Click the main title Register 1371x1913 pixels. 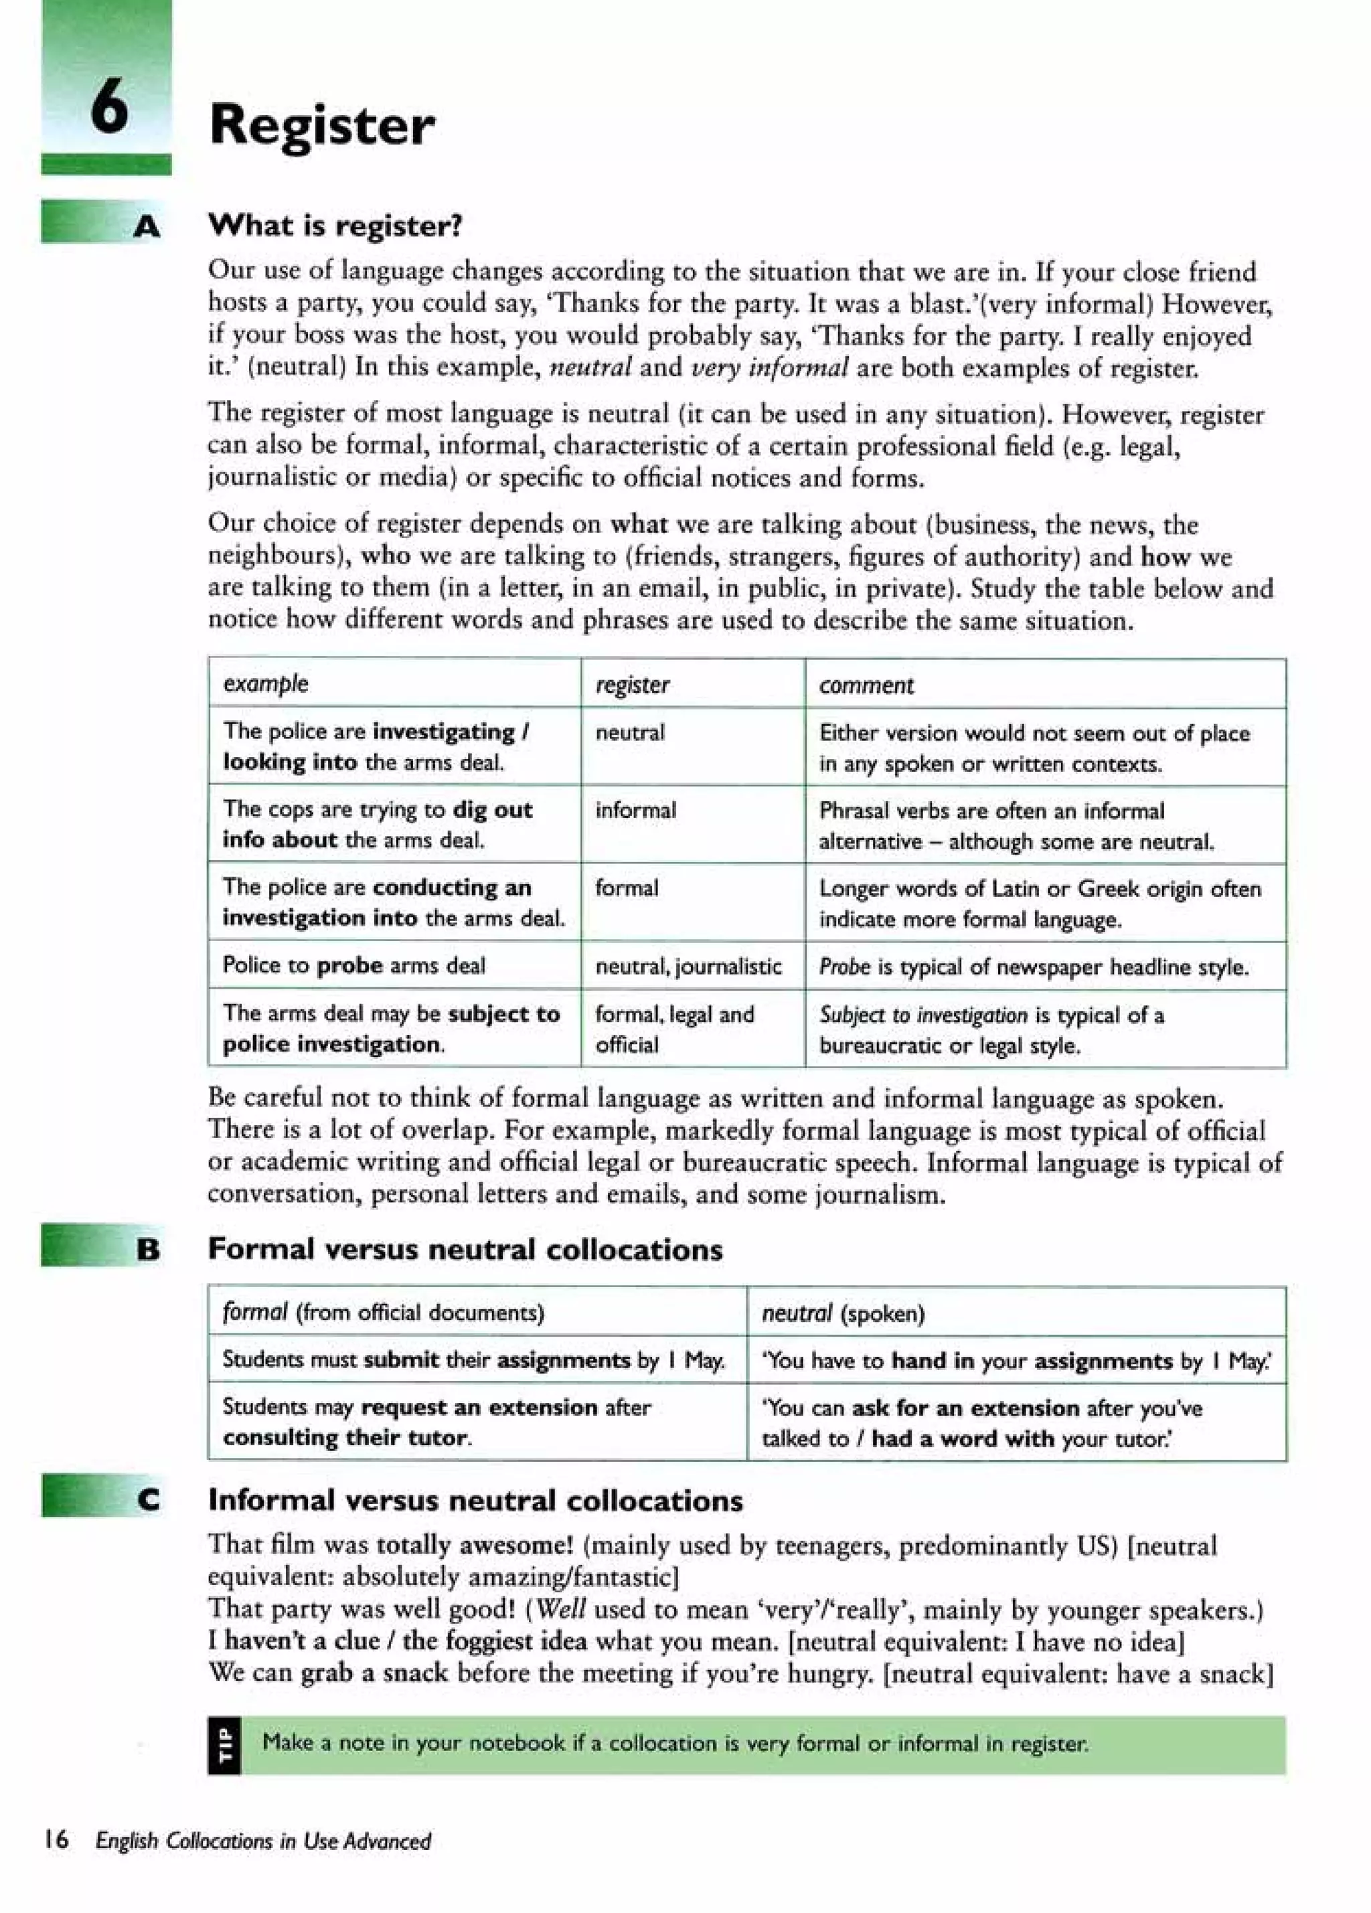point(321,126)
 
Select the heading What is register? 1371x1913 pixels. point(335,226)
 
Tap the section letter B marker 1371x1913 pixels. point(148,1249)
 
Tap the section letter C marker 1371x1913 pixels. point(149,1500)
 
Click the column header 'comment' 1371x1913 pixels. point(866,685)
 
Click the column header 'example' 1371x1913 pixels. point(265,683)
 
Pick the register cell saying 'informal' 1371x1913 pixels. point(635,811)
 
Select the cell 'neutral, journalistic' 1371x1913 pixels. point(688,966)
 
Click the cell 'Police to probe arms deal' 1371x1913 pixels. point(353,965)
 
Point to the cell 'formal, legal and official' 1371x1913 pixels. point(674,1029)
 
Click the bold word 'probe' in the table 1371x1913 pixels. point(349,965)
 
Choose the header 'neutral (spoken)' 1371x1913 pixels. point(843,1313)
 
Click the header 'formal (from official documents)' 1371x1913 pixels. point(383,1313)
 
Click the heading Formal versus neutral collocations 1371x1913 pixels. point(465,1249)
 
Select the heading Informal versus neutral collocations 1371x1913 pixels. point(475,1501)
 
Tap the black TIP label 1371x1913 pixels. point(224,1745)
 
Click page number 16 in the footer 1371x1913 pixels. point(56,1839)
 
